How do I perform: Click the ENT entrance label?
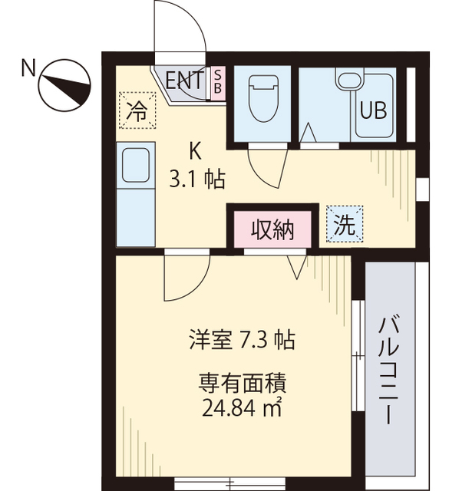[185, 80]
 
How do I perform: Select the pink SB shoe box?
[217, 81]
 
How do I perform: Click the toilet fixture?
[261, 97]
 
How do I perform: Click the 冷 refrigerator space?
[136, 110]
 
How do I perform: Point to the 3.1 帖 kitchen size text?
[197, 180]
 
